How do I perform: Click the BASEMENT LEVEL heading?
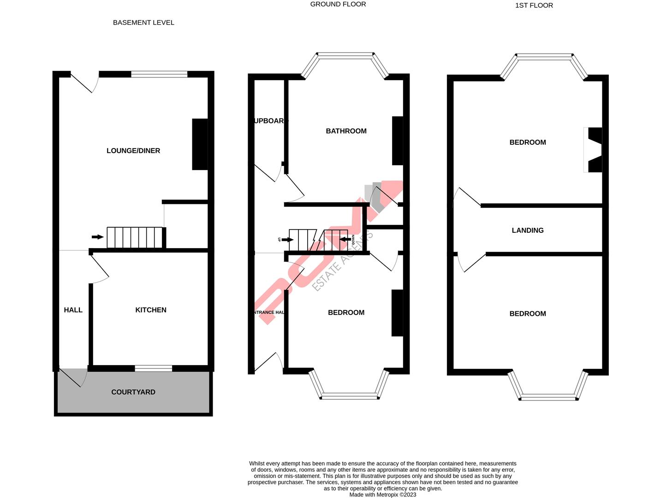pyautogui.click(x=143, y=23)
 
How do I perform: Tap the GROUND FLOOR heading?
pyautogui.click(x=338, y=4)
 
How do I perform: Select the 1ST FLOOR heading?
pyautogui.click(x=534, y=6)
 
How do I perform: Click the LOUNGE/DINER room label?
pyautogui.click(x=133, y=151)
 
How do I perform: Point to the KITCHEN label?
pyautogui.click(x=151, y=310)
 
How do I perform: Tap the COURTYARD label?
pyautogui.click(x=133, y=392)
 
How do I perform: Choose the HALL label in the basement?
pyautogui.click(x=73, y=310)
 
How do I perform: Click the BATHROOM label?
pyautogui.click(x=346, y=131)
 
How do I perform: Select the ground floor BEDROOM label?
pyautogui.click(x=346, y=313)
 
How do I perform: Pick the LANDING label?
pyautogui.click(x=528, y=230)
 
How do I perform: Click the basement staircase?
pyautogui.click(x=135, y=237)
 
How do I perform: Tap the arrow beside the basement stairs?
pyautogui.click(x=97, y=237)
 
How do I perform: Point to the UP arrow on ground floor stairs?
pyautogui.click(x=287, y=240)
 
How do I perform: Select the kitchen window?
pyautogui.click(x=153, y=368)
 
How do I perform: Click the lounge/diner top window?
pyautogui.click(x=159, y=74)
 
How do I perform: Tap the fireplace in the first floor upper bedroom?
pyautogui.click(x=593, y=150)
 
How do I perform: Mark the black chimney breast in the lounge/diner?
pyautogui.click(x=200, y=144)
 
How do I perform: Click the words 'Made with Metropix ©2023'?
pyautogui.click(x=382, y=495)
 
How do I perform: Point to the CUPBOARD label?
pyautogui.click(x=270, y=121)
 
